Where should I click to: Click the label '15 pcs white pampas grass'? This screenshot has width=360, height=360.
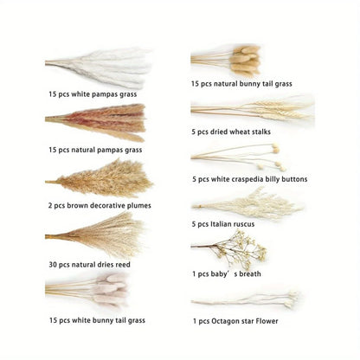click(93, 93)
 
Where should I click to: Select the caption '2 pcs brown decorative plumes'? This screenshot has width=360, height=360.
click(100, 205)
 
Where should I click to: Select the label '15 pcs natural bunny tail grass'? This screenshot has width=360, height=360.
click(241, 84)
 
